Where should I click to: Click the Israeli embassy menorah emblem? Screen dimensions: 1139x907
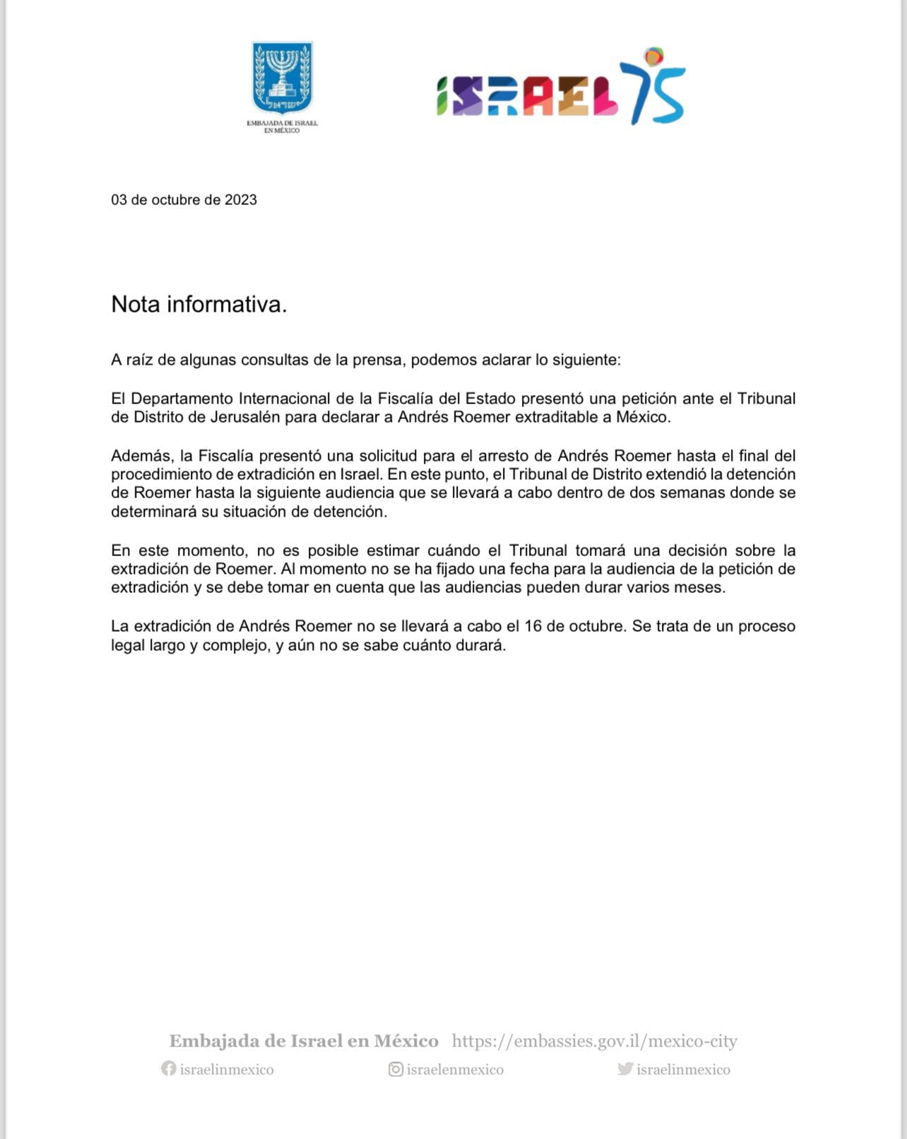(283, 78)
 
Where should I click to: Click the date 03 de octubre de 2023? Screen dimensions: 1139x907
(184, 200)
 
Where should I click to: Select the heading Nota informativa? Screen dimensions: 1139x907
(199, 305)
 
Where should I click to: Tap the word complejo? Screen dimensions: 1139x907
(234, 645)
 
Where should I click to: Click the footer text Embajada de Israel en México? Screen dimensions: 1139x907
(304, 1041)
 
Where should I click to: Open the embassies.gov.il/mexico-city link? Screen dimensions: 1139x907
(594, 1041)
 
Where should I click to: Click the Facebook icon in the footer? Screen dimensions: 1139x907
(168, 1068)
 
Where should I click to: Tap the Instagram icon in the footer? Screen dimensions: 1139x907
(396, 1069)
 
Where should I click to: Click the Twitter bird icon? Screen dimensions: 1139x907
(624, 1068)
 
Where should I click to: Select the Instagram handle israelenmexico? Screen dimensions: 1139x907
(455, 1070)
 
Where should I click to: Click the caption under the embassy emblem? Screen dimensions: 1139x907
(283, 126)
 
